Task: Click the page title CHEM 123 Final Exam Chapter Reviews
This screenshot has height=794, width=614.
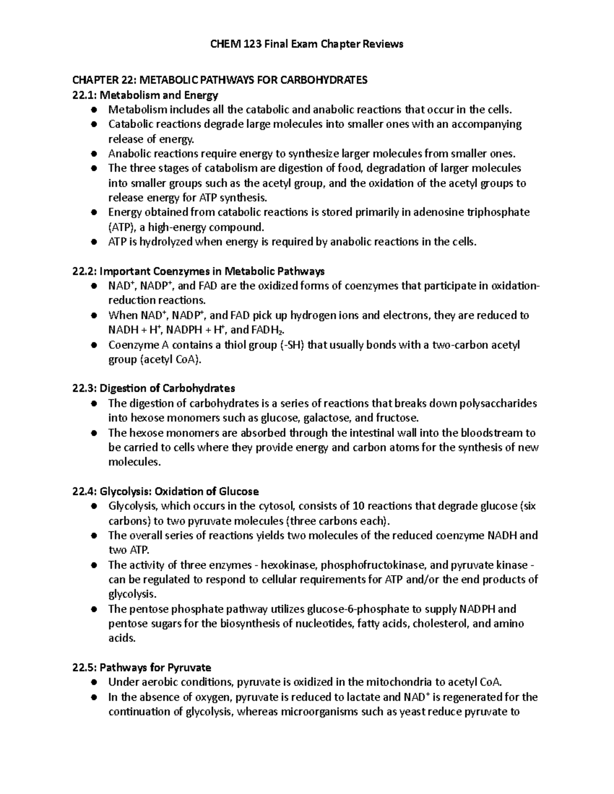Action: point(307,44)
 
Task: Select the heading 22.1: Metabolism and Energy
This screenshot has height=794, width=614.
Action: point(145,95)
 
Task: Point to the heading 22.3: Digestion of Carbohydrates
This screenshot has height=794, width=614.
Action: point(154,389)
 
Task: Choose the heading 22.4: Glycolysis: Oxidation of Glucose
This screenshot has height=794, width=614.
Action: point(166,492)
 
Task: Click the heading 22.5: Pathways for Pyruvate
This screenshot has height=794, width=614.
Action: point(142,668)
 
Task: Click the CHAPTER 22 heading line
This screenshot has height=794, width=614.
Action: point(220,80)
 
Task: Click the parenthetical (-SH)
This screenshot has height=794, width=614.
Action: point(292,345)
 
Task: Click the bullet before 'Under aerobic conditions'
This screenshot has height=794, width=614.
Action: point(94,683)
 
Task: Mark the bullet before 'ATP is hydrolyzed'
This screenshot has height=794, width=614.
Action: point(94,242)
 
